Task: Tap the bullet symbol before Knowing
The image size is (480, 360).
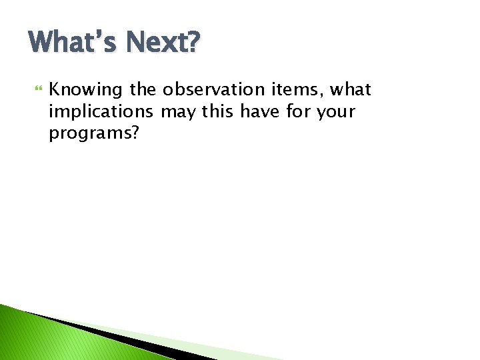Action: (37, 89)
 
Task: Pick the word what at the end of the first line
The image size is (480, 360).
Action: (349, 89)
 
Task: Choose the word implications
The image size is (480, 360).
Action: (101, 112)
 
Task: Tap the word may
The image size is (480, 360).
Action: (178, 112)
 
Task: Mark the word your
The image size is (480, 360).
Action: (337, 112)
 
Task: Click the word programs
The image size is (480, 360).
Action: (89, 134)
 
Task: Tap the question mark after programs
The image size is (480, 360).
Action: (135, 133)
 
